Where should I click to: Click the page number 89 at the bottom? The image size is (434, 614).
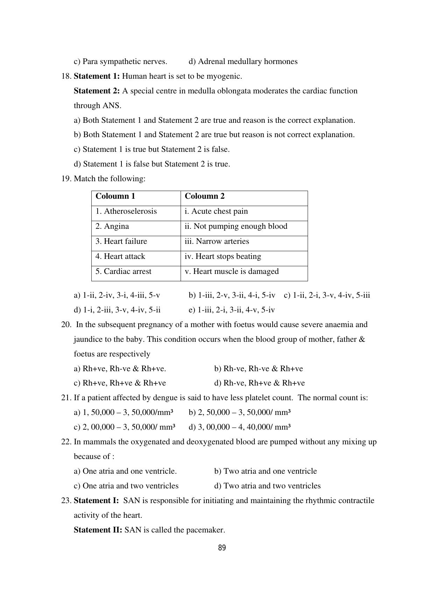point(222,548)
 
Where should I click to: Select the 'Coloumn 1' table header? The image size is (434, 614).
point(115,196)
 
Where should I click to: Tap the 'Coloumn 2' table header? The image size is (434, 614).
point(205,196)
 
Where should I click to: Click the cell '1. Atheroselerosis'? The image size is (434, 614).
point(126,211)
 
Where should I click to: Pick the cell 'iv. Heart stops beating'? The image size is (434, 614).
point(223,256)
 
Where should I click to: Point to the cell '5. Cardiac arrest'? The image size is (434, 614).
point(123,271)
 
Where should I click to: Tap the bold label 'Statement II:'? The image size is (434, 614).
point(98,530)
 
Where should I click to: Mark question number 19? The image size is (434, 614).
point(66,179)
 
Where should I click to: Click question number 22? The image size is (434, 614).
point(66,442)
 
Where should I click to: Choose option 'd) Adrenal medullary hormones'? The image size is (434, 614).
point(243,62)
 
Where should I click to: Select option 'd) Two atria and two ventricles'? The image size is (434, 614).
point(267,486)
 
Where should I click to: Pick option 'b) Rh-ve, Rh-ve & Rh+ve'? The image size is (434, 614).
point(259,369)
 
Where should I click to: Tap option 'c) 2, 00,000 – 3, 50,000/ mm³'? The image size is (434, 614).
point(125,427)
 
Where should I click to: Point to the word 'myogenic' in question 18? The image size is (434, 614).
point(226,76)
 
